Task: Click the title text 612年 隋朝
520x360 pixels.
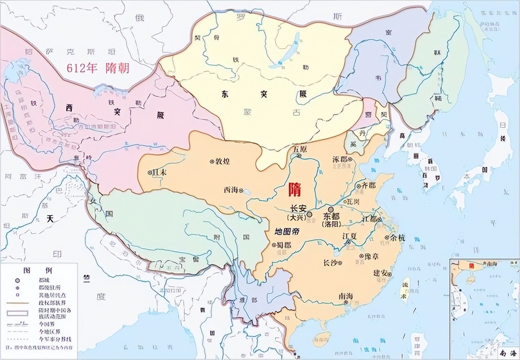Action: [x=98, y=67]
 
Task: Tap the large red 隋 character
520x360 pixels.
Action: [x=295, y=189]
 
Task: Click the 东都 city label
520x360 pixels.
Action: [x=331, y=216]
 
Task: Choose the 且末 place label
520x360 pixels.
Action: [x=159, y=172]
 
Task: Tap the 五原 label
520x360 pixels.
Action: [x=300, y=150]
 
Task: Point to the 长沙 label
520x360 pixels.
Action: [x=330, y=262]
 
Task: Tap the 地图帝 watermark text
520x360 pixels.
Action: [x=287, y=232]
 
